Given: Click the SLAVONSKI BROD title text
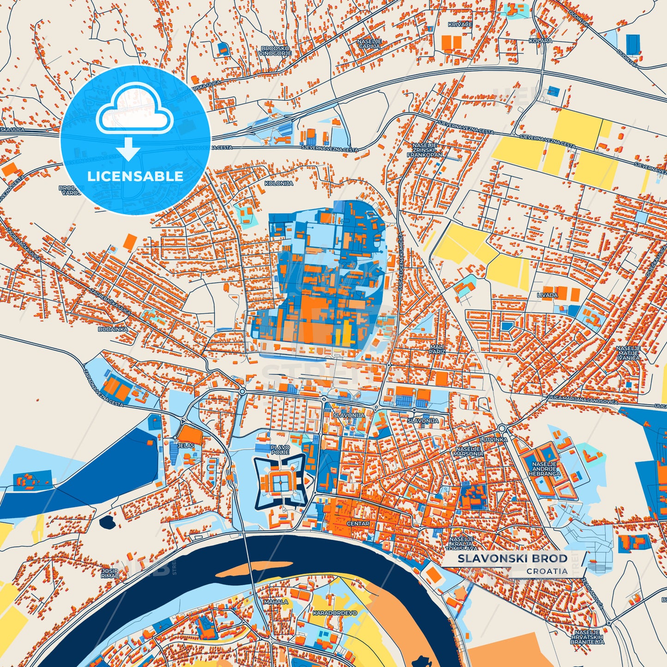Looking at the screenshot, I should (512, 559).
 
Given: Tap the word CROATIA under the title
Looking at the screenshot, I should (547, 571).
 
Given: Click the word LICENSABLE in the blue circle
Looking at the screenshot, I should (136, 176).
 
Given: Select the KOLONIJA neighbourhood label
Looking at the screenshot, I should (279, 183).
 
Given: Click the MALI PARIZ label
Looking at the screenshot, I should (437, 349).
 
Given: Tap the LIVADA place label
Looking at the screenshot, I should (547, 295).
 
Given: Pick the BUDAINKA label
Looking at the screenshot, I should (113, 330).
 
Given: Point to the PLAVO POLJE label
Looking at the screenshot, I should (280, 450).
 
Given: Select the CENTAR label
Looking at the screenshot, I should (358, 523).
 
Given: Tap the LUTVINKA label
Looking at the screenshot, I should (493, 440).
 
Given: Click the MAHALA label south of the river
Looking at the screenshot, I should (276, 602).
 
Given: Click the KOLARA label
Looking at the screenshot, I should (541, 41).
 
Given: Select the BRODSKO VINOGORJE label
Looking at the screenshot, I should (275, 50).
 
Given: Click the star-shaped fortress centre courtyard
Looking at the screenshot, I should (278, 482).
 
